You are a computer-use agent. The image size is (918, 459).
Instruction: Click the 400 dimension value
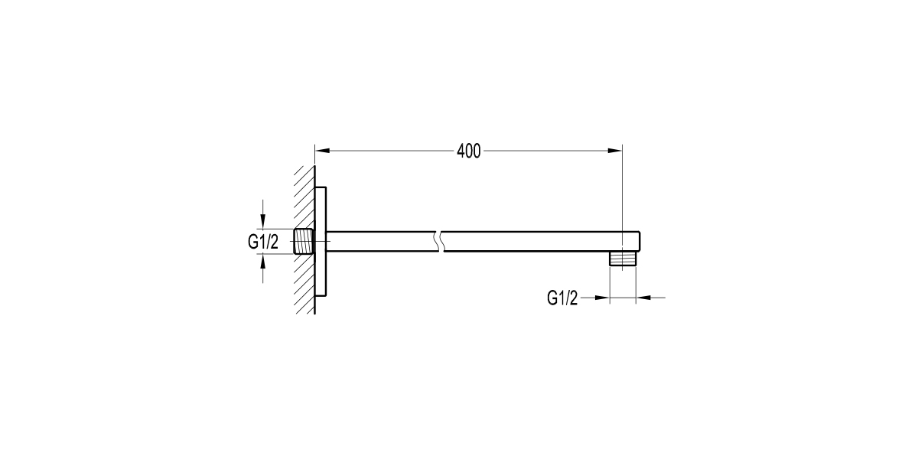(x=468, y=151)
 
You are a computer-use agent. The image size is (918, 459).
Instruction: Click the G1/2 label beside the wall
(x=263, y=242)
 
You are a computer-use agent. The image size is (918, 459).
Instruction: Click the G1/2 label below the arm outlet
(x=562, y=298)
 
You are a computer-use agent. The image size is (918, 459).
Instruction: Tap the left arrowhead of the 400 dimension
(x=323, y=151)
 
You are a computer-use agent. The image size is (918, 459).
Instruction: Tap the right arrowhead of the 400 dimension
(x=615, y=151)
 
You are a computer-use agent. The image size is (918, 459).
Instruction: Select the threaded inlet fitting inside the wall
(x=304, y=242)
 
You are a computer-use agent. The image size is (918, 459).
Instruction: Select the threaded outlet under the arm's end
(x=623, y=259)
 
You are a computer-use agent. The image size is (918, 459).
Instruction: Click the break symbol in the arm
(x=440, y=242)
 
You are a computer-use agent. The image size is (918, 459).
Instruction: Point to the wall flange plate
(x=321, y=242)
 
